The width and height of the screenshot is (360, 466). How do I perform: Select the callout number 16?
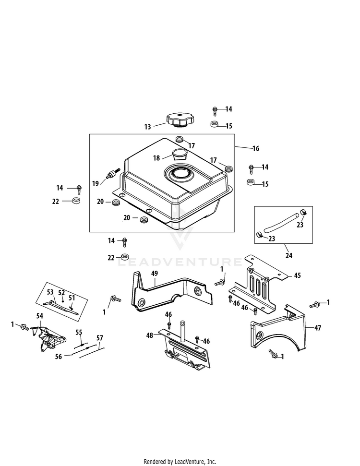(x=255, y=149)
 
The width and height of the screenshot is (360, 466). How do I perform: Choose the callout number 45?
(x=297, y=275)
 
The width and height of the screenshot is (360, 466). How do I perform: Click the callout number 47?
(x=318, y=328)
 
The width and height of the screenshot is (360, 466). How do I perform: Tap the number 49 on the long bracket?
(x=154, y=274)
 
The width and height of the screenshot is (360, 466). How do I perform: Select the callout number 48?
(x=150, y=335)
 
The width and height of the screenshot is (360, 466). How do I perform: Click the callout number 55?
(x=79, y=332)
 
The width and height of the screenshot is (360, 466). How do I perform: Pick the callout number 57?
(x=99, y=338)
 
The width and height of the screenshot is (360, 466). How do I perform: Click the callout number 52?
(x=61, y=292)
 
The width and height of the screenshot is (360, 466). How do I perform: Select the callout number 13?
(x=147, y=127)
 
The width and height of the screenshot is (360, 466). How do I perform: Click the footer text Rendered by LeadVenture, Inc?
(x=180, y=461)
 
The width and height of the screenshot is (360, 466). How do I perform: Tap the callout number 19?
(x=96, y=183)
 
